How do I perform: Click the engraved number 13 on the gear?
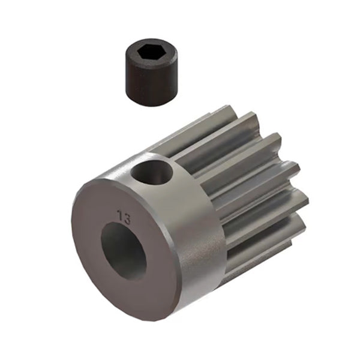click(124, 217)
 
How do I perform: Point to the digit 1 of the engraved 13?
click(121, 217)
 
